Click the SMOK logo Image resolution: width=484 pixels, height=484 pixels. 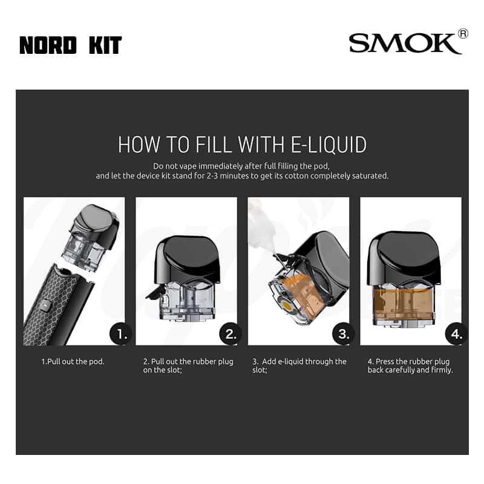[x=405, y=43]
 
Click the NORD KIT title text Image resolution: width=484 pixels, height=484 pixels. [x=71, y=45]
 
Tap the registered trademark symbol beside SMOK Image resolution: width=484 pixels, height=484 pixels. [x=463, y=34]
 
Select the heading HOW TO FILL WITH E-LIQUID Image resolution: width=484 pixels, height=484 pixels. [x=242, y=145]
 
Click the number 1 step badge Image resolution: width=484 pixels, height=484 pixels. [x=120, y=334]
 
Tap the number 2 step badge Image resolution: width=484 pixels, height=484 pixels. [x=231, y=334]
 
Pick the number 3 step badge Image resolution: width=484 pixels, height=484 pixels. [x=343, y=334]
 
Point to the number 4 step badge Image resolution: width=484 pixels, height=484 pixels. [x=456, y=334]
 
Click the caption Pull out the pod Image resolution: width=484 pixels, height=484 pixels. [x=73, y=361]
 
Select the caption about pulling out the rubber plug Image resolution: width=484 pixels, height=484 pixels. [x=188, y=365]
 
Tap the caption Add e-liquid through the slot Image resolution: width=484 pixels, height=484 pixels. [x=299, y=365]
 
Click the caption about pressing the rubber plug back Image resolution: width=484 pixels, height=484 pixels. [x=410, y=365]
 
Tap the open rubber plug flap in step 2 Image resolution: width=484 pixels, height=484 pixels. [x=155, y=293]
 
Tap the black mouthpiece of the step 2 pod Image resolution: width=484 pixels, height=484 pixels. [x=188, y=260]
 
